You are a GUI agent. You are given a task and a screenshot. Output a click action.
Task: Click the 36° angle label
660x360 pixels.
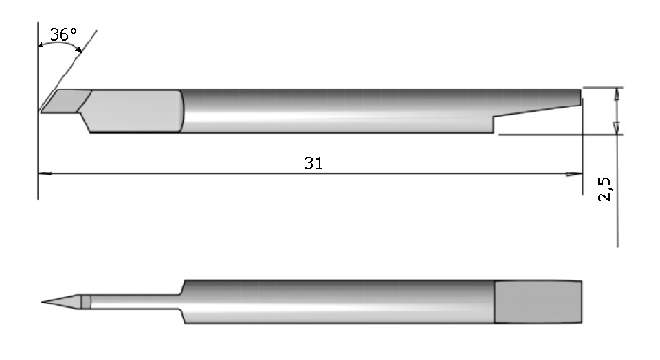tap(63, 35)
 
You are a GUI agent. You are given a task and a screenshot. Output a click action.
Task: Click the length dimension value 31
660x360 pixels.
tap(314, 163)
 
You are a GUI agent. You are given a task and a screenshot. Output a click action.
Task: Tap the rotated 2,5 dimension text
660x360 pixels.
tap(604, 188)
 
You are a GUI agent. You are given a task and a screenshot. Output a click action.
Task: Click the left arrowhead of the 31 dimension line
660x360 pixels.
tap(44, 173)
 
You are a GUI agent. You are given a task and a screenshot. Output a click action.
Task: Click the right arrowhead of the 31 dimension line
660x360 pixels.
tap(574, 173)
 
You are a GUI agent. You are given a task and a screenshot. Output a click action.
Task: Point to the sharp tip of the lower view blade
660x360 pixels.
tap(41, 302)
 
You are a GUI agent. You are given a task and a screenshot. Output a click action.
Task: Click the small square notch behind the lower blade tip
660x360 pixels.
tap(86, 302)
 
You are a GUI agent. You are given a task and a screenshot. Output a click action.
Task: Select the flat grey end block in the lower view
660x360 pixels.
tap(538, 302)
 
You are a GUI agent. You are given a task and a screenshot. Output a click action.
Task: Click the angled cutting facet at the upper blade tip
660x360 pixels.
tap(66, 102)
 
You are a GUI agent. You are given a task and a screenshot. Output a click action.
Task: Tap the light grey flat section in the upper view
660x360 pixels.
tap(134, 111)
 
